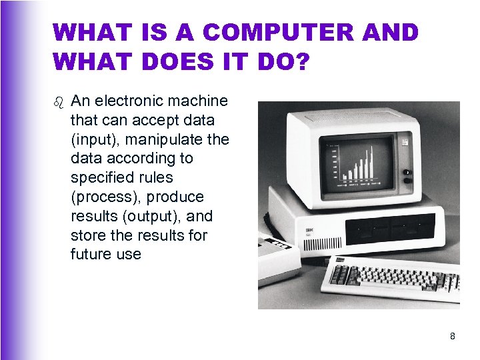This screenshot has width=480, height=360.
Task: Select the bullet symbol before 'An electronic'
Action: coord(59,102)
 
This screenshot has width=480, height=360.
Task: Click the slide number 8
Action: coord(453,336)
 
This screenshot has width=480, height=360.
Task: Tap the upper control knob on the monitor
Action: coord(407,173)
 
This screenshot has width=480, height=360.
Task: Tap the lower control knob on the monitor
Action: coord(407,182)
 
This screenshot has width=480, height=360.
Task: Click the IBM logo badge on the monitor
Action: coord(404,141)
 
